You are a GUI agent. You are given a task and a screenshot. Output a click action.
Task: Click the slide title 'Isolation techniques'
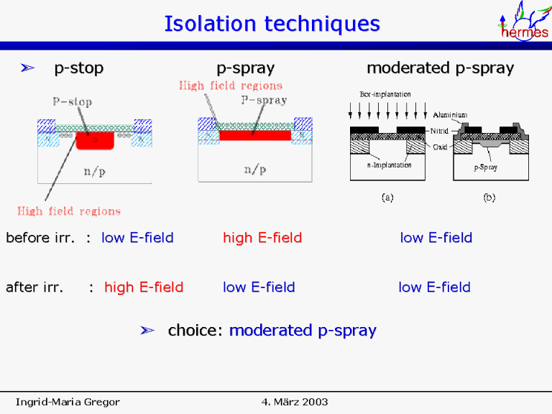(272, 24)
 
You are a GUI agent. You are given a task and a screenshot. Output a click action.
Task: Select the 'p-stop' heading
(79, 68)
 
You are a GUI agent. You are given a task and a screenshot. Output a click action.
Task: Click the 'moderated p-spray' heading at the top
(440, 68)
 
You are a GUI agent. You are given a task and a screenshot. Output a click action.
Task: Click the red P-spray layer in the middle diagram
(254, 135)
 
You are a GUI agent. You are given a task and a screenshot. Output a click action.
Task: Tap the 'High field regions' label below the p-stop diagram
(69, 211)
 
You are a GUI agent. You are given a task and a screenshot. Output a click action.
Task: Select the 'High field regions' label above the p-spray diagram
(230, 86)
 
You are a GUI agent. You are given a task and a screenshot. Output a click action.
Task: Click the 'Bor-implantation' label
(385, 95)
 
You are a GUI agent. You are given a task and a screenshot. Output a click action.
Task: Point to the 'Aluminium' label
(451, 115)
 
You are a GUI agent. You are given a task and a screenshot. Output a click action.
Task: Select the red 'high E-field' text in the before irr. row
(262, 238)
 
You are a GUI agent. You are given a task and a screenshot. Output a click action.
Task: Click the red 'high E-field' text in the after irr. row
(144, 287)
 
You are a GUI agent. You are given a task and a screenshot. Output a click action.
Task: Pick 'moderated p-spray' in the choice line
(303, 331)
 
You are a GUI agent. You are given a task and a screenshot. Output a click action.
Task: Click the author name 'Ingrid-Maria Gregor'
(68, 401)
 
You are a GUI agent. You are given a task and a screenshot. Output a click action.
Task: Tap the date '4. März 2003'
(295, 401)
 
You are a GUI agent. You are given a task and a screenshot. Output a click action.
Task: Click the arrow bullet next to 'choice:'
(147, 331)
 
